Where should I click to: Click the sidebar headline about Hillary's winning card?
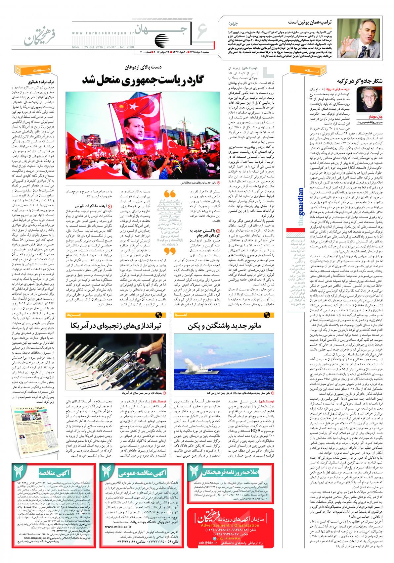coord(43,81)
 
